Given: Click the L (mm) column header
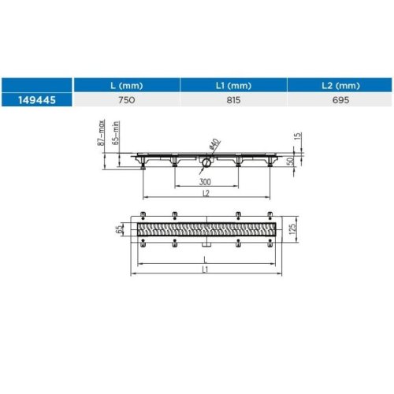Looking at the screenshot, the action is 127,85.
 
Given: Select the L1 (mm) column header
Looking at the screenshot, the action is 233,85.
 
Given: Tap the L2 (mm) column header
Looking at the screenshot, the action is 340,85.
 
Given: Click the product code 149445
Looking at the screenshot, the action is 37,100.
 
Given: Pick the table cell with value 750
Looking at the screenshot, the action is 127,100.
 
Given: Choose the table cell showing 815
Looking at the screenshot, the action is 233,100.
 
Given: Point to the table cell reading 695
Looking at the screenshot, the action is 340,100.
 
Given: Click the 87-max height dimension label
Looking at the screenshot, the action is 102,132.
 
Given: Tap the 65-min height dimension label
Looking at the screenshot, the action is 116,132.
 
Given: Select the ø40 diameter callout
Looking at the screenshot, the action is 215,144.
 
